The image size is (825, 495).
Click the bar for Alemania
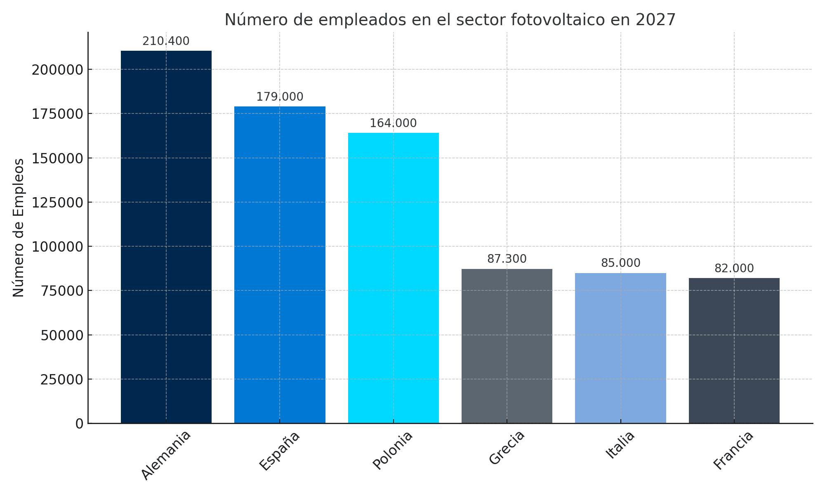[x=166, y=237]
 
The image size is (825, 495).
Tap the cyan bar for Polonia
[x=393, y=278]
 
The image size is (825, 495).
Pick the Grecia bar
[x=507, y=346]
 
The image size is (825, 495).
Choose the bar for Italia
[x=620, y=348]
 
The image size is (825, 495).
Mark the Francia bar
[x=734, y=351]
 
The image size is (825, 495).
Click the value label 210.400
[x=166, y=41]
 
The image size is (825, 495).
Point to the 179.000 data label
[x=280, y=97]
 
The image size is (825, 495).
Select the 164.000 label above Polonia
[x=393, y=123]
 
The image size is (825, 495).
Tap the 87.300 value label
[x=507, y=259]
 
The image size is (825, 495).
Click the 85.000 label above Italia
[x=620, y=263]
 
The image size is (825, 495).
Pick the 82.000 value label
[x=734, y=269]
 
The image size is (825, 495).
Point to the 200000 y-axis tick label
[x=58, y=70]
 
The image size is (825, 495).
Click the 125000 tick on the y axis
[x=58, y=203]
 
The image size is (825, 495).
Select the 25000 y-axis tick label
[x=62, y=379]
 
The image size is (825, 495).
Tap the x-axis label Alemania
[x=166, y=455]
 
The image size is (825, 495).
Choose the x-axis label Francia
[x=733, y=450]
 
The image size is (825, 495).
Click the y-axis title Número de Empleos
[x=19, y=228]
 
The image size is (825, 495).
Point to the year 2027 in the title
[x=655, y=20]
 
